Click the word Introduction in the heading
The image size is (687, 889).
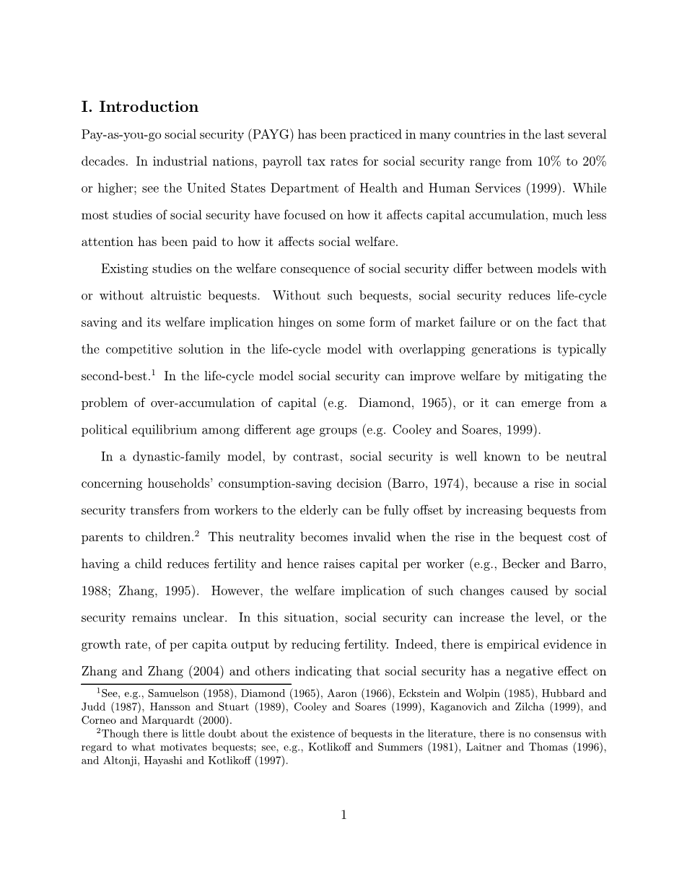148,108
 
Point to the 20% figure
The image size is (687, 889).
593,162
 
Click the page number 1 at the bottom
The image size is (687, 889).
343,815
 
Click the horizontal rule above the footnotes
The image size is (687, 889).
186,683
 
